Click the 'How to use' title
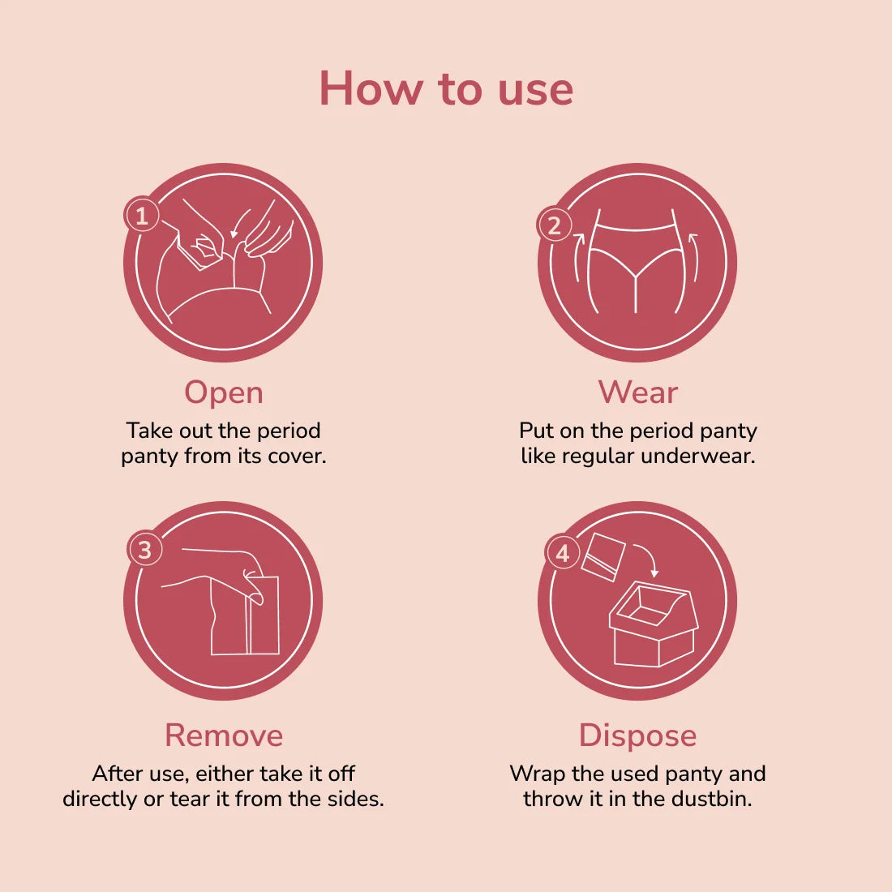point(446,88)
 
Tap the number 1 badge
point(143,215)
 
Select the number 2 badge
point(555,225)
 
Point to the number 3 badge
point(145,550)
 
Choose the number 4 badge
point(562,555)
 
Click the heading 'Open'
point(224,392)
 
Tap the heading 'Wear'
point(637,392)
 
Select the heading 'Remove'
point(224,735)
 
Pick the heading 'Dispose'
point(637,735)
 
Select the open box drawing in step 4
point(653,624)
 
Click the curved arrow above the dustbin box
point(645,558)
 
